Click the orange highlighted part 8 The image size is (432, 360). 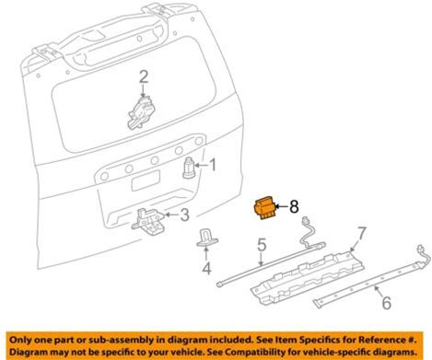264,208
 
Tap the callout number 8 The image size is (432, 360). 294,206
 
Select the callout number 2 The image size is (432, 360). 144,76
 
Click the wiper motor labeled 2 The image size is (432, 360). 141,112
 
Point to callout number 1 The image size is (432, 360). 213,165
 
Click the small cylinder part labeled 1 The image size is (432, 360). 189,168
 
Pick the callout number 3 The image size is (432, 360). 184,215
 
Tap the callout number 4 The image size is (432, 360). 206,269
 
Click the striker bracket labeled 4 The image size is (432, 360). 206,238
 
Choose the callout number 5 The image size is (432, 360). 262,246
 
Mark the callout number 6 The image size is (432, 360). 387,302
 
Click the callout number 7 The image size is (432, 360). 362,234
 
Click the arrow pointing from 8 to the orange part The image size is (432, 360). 282,206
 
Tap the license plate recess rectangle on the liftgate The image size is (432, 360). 146,180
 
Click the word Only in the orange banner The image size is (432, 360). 21,340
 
